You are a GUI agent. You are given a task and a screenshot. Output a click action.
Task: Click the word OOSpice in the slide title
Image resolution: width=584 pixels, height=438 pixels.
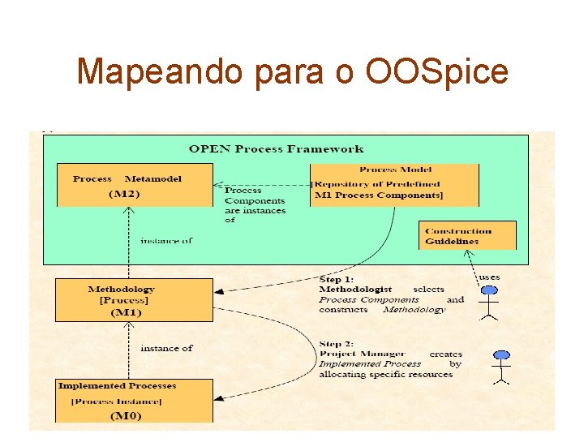click(437, 71)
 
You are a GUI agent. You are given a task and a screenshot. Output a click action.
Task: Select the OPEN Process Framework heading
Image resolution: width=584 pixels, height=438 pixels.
click(276, 148)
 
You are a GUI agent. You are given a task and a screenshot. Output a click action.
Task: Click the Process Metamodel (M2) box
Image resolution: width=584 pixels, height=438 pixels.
click(135, 185)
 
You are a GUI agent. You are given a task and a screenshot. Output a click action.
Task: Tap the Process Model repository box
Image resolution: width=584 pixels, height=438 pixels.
click(394, 185)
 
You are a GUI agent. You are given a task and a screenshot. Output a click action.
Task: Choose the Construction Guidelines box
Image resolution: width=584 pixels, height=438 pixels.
click(467, 235)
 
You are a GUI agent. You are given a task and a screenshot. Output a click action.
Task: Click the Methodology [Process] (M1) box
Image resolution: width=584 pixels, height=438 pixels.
click(134, 300)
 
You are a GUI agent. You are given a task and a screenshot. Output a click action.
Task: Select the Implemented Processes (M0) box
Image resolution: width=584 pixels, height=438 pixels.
click(134, 401)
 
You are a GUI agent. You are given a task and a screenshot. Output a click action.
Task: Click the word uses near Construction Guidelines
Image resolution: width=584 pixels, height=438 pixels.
click(489, 277)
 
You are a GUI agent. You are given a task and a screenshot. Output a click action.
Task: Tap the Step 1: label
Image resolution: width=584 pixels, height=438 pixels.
click(337, 278)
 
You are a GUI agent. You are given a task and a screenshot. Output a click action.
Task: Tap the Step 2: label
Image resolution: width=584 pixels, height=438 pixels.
click(337, 343)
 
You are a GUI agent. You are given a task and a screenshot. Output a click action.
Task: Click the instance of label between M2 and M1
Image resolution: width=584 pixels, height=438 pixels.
click(166, 240)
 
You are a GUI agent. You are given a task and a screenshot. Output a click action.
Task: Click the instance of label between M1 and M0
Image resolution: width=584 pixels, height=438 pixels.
click(166, 348)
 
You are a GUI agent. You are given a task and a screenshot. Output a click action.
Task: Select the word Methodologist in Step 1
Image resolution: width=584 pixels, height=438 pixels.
click(355, 289)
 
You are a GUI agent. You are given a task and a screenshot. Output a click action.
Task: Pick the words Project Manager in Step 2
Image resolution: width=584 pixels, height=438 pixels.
click(361, 354)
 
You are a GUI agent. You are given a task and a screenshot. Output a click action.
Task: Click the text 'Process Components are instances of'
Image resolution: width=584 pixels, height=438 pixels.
click(255, 205)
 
